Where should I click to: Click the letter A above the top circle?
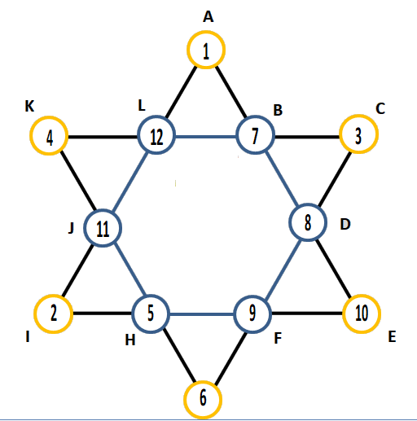tap(208, 17)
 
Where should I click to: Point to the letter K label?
tap(29, 106)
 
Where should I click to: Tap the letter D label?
tap(345, 225)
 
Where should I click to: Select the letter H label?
tap(130, 340)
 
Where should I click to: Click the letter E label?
tap(392, 337)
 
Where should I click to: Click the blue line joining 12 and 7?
tap(206, 136)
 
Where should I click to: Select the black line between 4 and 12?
tap(103, 137)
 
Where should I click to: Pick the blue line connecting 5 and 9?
tap(202, 314)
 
